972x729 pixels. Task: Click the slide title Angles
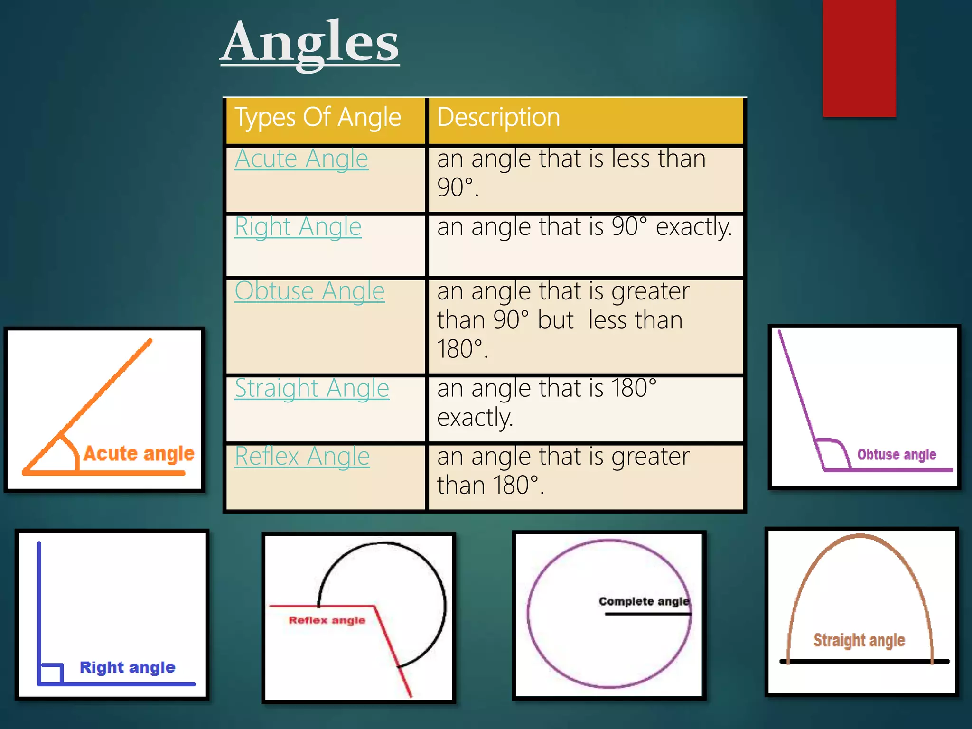pyautogui.click(x=310, y=43)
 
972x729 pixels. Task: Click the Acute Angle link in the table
pyautogui.click(x=301, y=159)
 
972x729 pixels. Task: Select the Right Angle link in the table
pyautogui.click(x=298, y=227)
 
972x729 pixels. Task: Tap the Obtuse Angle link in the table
pyautogui.click(x=309, y=291)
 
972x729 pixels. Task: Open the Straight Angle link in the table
pyautogui.click(x=312, y=389)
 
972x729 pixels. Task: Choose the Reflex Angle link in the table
pyautogui.click(x=302, y=457)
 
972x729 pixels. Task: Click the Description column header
pyautogui.click(x=498, y=118)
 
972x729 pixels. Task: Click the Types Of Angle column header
pyautogui.click(x=318, y=118)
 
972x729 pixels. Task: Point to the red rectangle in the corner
pyautogui.click(x=859, y=57)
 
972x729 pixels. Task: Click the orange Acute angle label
pyautogui.click(x=139, y=454)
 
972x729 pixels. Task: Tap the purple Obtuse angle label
pyautogui.click(x=896, y=455)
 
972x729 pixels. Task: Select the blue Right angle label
pyautogui.click(x=127, y=667)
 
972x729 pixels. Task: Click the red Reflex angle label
pyautogui.click(x=327, y=620)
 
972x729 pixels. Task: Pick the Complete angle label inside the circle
pyautogui.click(x=644, y=601)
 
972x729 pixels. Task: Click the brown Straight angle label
pyautogui.click(x=859, y=640)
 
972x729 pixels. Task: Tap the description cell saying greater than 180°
pyautogui.click(x=563, y=471)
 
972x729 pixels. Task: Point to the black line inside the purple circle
pyautogui.click(x=647, y=614)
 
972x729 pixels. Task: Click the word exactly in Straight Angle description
pyautogui.click(x=475, y=418)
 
